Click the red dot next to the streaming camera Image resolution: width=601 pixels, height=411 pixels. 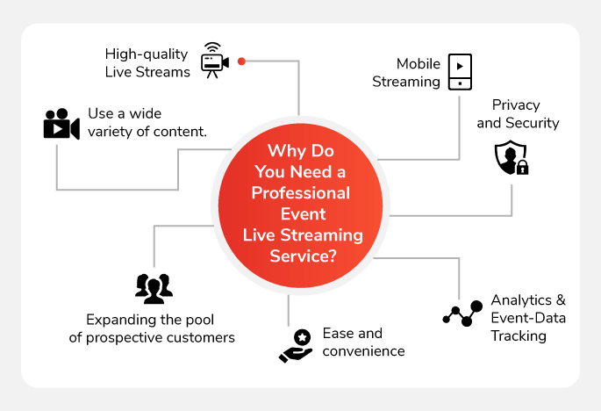tap(242, 61)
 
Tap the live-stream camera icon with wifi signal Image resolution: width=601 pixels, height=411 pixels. tap(214, 60)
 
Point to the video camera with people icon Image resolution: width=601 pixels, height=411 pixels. tap(61, 124)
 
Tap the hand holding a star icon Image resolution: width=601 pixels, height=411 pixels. tap(296, 345)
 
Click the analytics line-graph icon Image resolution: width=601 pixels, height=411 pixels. tap(462, 313)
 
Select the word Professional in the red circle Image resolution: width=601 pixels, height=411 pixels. tap(300, 192)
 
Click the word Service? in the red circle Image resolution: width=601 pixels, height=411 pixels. tap(300, 256)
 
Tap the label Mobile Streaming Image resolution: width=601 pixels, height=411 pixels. tap(406, 73)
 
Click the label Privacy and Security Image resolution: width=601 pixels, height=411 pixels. tap(518, 114)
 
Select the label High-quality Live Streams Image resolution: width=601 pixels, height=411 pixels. tap(147, 62)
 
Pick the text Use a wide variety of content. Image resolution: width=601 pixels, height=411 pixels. tap(147, 123)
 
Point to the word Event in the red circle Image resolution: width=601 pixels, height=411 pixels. tap(300, 213)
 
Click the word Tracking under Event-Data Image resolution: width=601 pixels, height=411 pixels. tap(519, 335)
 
